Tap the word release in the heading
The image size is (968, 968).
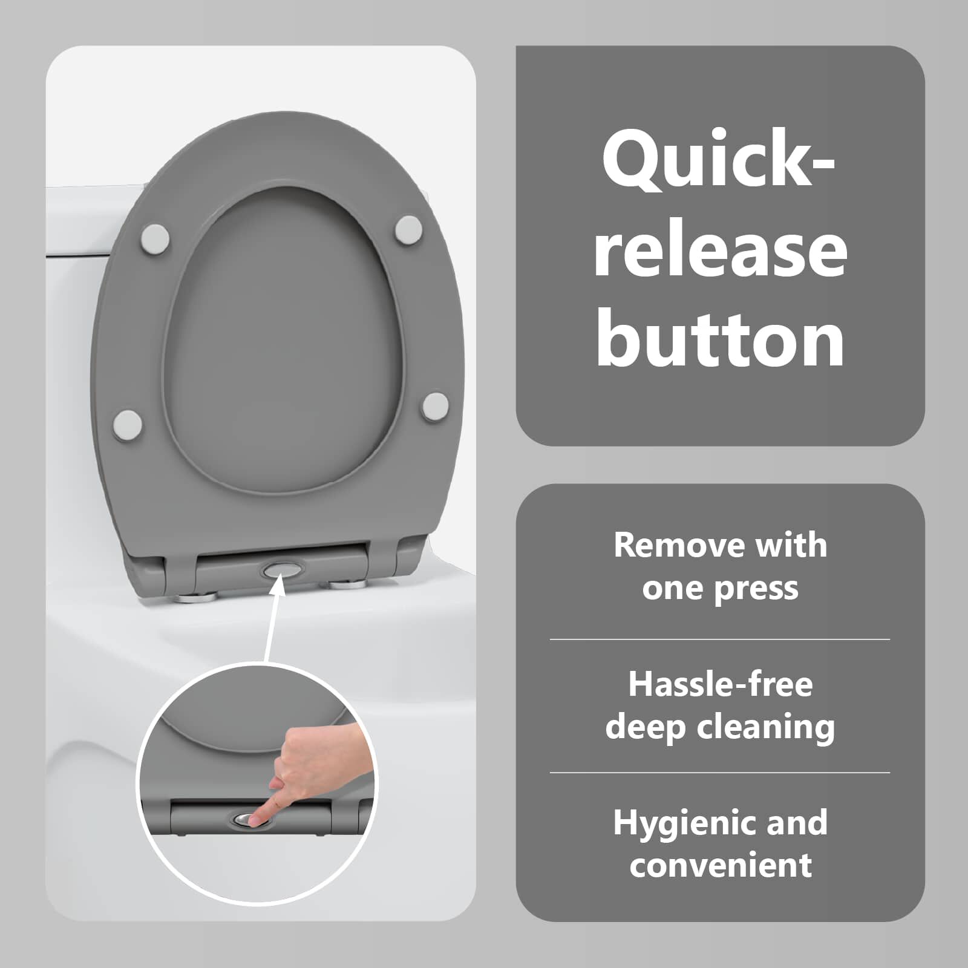tap(720, 250)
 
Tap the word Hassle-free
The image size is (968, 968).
tap(720, 684)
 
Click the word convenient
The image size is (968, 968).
tap(720, 865)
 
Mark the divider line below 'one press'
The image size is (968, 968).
tap(720, 639)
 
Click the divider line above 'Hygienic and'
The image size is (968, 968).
tap(720, 773)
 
